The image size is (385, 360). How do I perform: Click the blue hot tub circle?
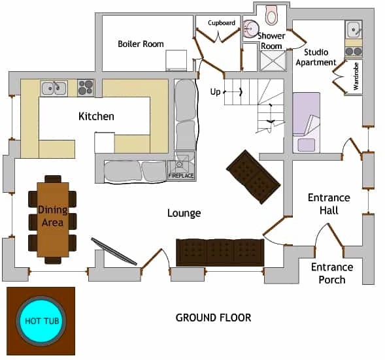(41, 321)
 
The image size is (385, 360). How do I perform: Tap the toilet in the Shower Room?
(271, 15)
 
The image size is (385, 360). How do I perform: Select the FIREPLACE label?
(181, 176)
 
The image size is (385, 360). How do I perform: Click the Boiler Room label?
(141, 44)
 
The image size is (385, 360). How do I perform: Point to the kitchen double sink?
(54, 88)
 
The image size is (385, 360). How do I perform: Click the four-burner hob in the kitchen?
(86, 88)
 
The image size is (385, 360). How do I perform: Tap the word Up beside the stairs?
(215, 92)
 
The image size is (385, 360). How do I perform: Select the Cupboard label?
(222, 23)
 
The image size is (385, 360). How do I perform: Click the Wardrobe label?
(356, 76)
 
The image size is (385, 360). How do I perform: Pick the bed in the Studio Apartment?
(306, 123)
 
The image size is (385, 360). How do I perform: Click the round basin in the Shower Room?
(250, 29)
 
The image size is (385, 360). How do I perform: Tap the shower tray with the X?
(273, 61)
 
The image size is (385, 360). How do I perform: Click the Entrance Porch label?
(332, 273)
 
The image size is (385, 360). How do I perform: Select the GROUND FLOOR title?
(213, 318)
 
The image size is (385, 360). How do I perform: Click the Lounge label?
(184, 213)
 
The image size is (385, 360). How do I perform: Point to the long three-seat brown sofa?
(220, 252)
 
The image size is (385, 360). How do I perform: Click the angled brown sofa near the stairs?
(253, 177)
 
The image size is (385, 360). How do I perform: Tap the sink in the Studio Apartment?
(354, 29)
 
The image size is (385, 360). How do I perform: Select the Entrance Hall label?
(329, 204)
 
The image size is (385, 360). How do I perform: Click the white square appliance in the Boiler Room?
(176, 60)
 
